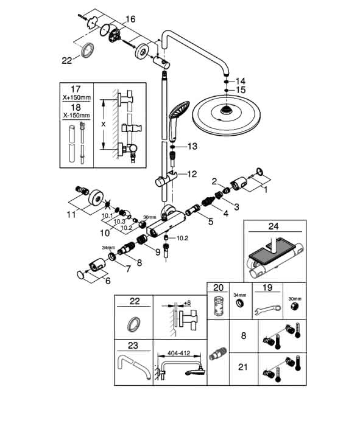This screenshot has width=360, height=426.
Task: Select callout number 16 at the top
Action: coord(130,19)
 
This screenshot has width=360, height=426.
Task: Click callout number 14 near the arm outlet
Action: coord(241,81)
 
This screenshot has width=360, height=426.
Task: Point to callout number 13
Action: coord(192,146)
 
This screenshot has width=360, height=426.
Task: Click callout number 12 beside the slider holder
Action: coord(192,174)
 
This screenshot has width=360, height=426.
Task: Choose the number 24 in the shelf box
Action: coord(274,226)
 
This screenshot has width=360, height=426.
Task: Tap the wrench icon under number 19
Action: coord(267,310)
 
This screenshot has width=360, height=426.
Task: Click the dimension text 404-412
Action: coord(178,353)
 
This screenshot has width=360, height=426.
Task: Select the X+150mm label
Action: coord(76,97)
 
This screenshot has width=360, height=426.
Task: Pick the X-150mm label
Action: coord(76,115)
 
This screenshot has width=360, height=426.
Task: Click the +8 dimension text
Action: coord(187,302)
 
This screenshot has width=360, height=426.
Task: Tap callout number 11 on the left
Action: coord(71,215)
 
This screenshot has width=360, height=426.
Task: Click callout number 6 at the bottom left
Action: coord(108,281)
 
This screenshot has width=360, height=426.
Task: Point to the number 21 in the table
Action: coord(243,367)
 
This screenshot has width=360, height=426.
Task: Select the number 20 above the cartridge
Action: coord(218,287)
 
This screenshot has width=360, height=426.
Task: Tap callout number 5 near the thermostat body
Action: coord(211,222)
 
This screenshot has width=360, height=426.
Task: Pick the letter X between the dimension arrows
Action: coord(104,124)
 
